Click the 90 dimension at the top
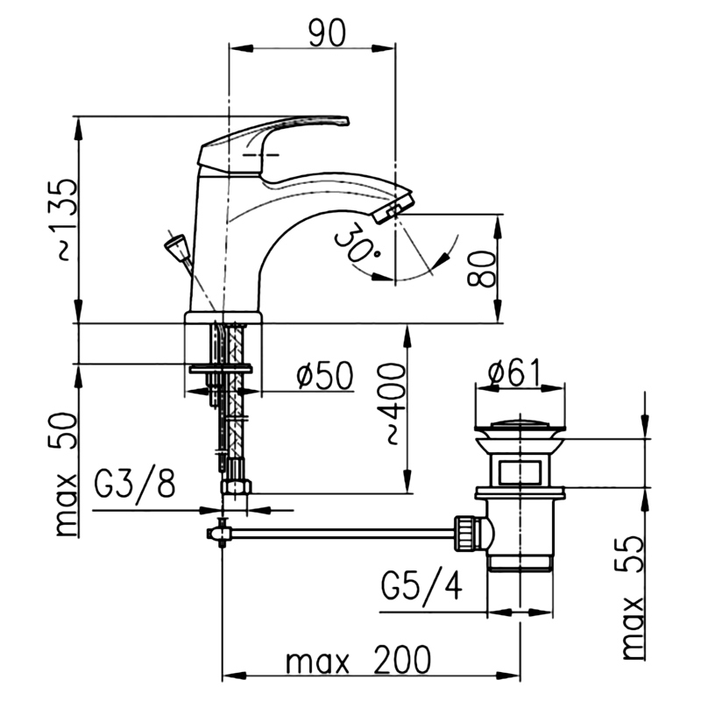(x=328, y=33)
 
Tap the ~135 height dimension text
(x=63, y=220)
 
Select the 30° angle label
(x=357, y=244)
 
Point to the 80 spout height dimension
(x=481, y=268)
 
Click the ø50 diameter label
(x=325, y=375)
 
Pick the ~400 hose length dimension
(x=391, y=403)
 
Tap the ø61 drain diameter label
(x=515, y=372)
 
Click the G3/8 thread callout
(x=135, y=483)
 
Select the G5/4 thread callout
(x=421, y=585)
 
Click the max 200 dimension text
(x=358, y=660)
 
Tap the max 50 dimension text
(x=63, y=474)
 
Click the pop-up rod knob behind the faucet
(x=174, y=249)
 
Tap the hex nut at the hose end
(x=236, y=486)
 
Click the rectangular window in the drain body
(x=520, y=472)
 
